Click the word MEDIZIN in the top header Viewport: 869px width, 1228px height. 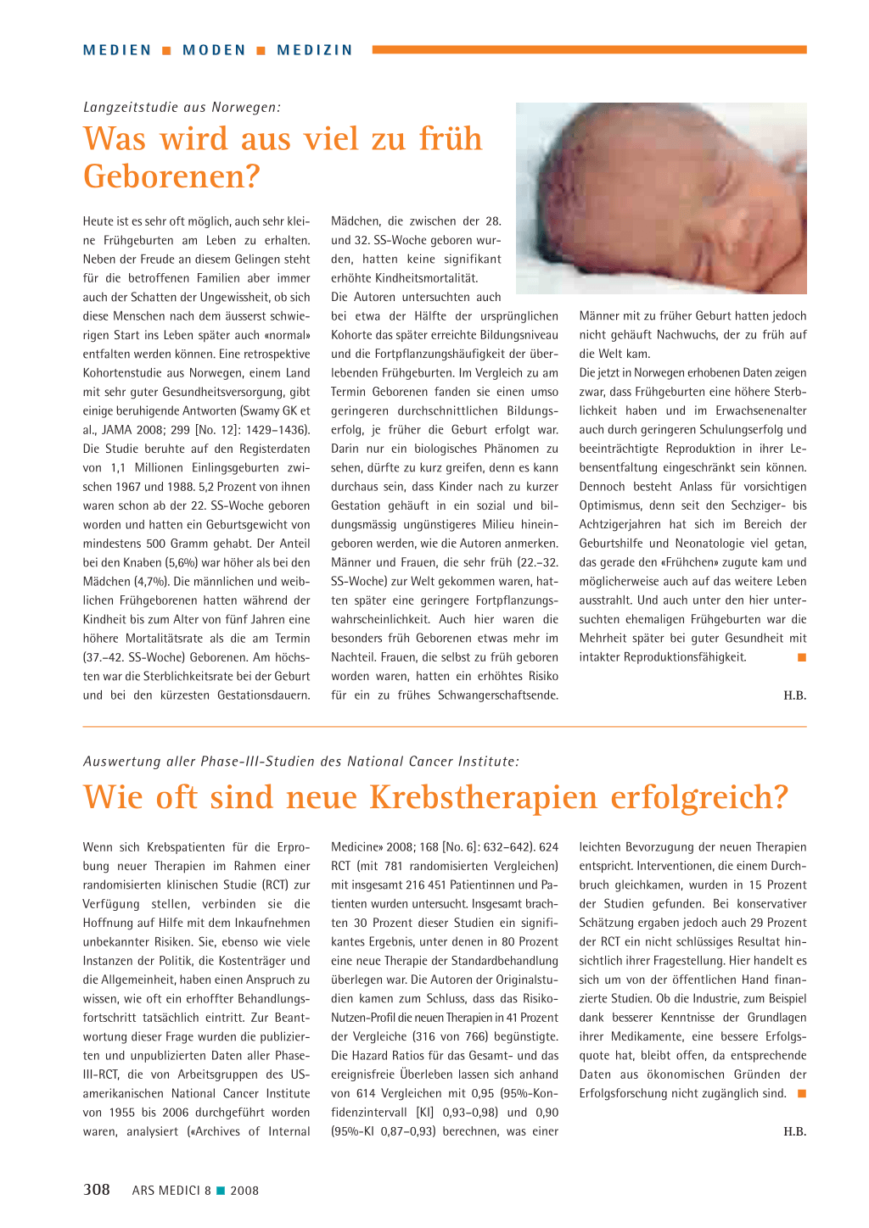(315, 50)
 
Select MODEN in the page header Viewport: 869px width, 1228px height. (214, 50)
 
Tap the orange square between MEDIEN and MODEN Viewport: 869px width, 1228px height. (167, 51)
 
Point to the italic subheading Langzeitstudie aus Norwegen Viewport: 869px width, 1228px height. (182, 107)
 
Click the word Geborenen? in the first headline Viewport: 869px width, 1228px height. (171, 176)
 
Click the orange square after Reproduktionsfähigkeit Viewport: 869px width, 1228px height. (801, 657)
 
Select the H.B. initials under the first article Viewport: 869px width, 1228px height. (794, 695)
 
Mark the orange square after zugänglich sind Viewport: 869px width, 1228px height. (801, 1094)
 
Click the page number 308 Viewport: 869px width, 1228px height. (97, 1190)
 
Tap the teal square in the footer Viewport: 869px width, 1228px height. (221, 1191)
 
